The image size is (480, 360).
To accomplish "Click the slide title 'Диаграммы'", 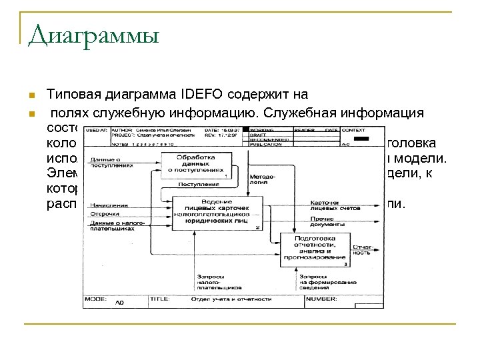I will [94, 34].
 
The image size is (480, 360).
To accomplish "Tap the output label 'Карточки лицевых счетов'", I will [335, 205].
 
